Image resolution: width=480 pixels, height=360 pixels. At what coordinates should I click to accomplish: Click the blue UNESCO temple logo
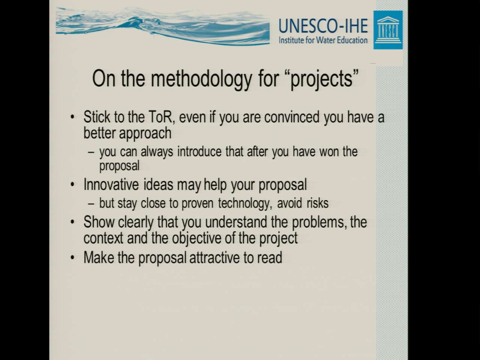[388, 30]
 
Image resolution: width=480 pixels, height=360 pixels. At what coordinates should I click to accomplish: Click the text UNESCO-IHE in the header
[323, 26]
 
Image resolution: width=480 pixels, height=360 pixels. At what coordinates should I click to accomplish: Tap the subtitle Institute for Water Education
[323, 40]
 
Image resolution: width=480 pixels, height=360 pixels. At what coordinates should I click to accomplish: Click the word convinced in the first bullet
[292, 117]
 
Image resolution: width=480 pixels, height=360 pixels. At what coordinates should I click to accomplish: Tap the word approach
[145, 133]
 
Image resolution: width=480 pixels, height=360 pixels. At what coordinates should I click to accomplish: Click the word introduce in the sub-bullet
[199, 151]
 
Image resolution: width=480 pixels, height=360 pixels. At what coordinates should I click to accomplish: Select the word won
[328, 152]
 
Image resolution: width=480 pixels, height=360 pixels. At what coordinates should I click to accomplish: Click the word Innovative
[111, 185]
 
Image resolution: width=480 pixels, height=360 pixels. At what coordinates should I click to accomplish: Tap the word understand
[236, 222]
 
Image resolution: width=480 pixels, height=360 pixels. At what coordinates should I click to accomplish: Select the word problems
[319, 222]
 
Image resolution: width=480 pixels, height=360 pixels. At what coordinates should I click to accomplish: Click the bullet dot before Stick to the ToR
[72, 117]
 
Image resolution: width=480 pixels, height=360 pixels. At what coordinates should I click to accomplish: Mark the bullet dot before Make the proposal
[72, 258]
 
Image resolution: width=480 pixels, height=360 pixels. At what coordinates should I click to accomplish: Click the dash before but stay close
[91, 204]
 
